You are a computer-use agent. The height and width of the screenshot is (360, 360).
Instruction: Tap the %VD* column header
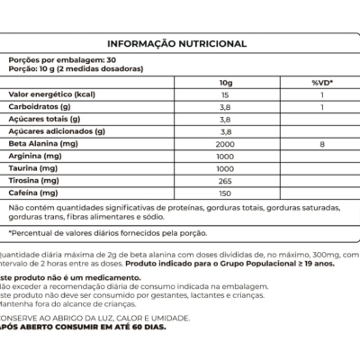(321, 81)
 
